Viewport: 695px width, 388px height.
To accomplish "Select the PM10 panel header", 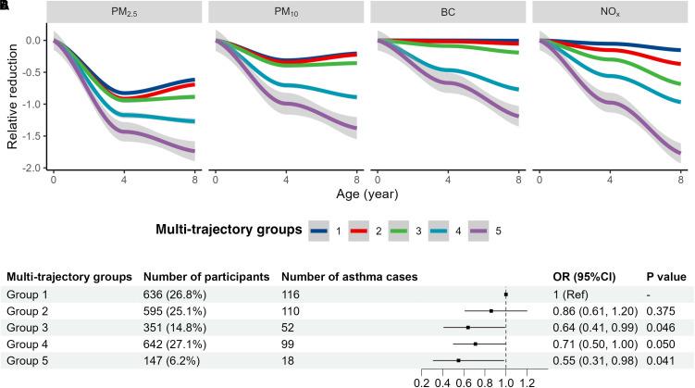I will (285, 13).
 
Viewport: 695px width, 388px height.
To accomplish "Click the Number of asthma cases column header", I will (349, 276).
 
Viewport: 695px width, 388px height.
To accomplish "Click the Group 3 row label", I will (29, 327).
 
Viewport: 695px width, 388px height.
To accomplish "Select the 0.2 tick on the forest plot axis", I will (422, 382).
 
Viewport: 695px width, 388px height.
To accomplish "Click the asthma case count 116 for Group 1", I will (290, 294).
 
